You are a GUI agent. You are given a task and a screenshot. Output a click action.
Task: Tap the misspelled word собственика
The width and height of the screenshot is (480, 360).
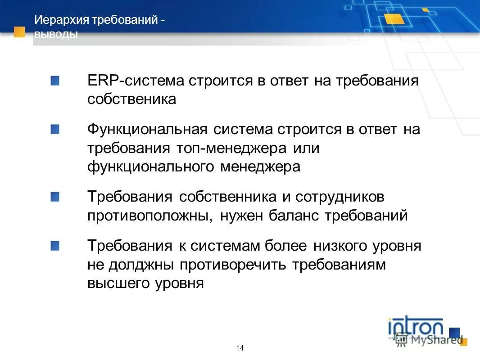click(x=131, y=99)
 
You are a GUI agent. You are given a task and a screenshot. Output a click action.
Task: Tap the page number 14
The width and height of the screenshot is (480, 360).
click(x=240, y=348)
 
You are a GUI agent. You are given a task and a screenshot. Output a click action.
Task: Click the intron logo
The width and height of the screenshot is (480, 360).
click(x=416, y=327)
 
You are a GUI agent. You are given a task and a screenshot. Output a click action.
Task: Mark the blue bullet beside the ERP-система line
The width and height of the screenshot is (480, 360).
click(x=55, y=81)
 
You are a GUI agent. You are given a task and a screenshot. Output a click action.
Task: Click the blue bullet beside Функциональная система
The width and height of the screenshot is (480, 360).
click(x=55, y=130)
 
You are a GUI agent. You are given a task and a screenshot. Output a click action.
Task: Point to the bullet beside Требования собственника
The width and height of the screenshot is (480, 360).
click(x=55, y=197)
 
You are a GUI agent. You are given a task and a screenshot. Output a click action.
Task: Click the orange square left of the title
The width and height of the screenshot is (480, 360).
click(x=19, y=31)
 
